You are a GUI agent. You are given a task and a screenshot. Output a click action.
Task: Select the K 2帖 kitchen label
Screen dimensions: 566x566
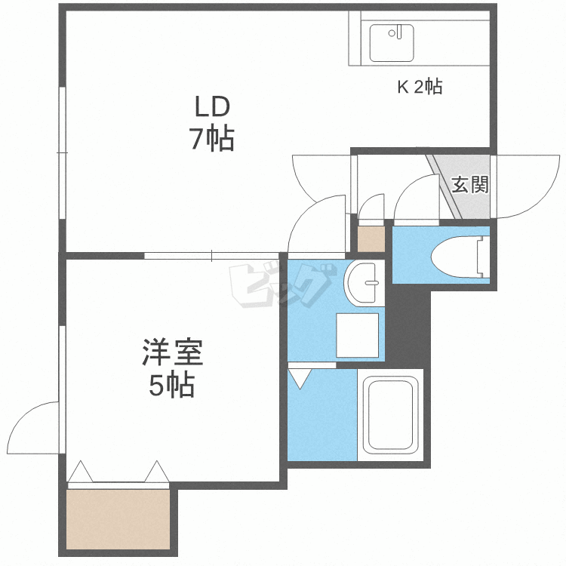coord(420,87)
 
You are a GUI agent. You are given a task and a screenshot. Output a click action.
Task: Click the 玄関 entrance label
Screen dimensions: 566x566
coord(469,184)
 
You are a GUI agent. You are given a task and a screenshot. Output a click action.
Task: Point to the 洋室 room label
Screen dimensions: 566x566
coord(173,352)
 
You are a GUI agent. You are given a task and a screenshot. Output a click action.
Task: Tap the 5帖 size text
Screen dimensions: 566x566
coord(171,385)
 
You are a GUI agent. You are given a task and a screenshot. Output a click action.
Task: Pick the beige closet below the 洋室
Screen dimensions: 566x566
coord(118,519)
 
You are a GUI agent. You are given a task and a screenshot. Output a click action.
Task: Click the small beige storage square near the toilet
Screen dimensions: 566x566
coord(371,239)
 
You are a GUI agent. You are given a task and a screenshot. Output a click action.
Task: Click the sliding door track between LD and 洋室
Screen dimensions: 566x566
coord(214,255)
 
